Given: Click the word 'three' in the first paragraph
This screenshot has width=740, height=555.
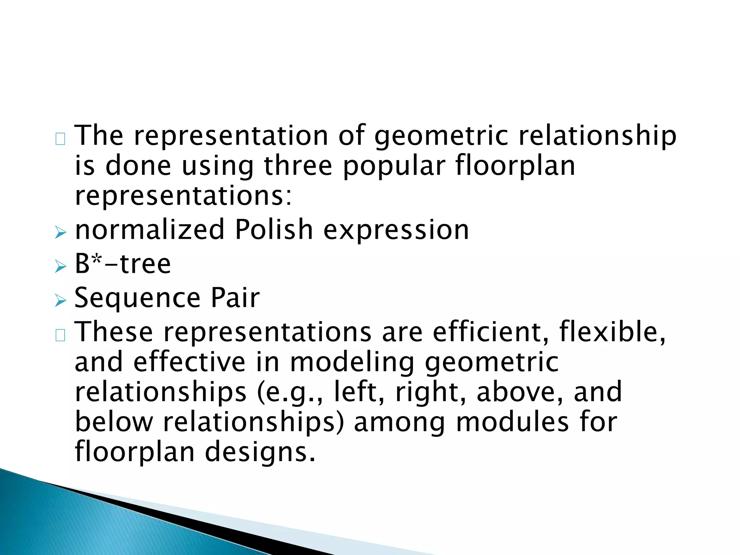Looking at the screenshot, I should pos(298,166).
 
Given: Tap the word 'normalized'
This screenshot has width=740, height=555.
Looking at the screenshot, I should pos(150,230).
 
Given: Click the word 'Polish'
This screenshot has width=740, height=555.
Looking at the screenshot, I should pos(274,230).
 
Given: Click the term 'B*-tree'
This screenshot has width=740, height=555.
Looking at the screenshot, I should pos(122,264).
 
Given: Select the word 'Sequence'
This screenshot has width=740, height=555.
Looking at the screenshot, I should pos(137,298).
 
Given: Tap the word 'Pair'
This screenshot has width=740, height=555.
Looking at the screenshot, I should pos(235,298).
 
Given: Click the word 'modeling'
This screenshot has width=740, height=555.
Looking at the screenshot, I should pos(352,363).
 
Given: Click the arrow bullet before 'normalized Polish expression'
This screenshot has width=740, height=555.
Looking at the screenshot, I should pos(61,233).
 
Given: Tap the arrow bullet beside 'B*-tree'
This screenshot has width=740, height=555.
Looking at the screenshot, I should pos(61,267).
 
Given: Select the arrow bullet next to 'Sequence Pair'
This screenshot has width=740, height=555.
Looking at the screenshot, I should pos(61,301).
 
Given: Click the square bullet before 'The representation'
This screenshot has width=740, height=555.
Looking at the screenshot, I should pos(60,139).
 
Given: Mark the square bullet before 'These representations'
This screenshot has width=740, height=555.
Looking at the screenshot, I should pos(60,336).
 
